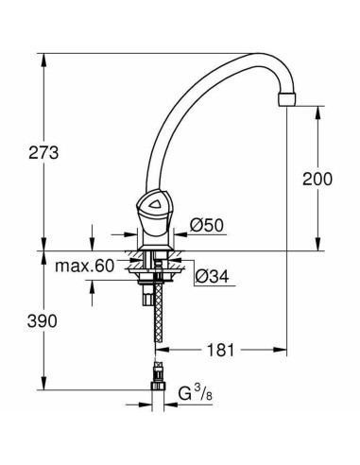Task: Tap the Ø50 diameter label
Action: [205, 226]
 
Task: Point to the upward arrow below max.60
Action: [92, 287]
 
